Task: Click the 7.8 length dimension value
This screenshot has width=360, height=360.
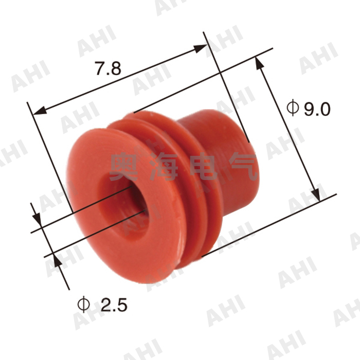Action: click(108, 68)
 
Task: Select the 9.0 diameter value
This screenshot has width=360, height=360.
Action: click(316, 109)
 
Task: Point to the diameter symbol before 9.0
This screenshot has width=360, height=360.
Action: click(292, 108)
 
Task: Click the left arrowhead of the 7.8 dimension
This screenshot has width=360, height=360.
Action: click(39, 111)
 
